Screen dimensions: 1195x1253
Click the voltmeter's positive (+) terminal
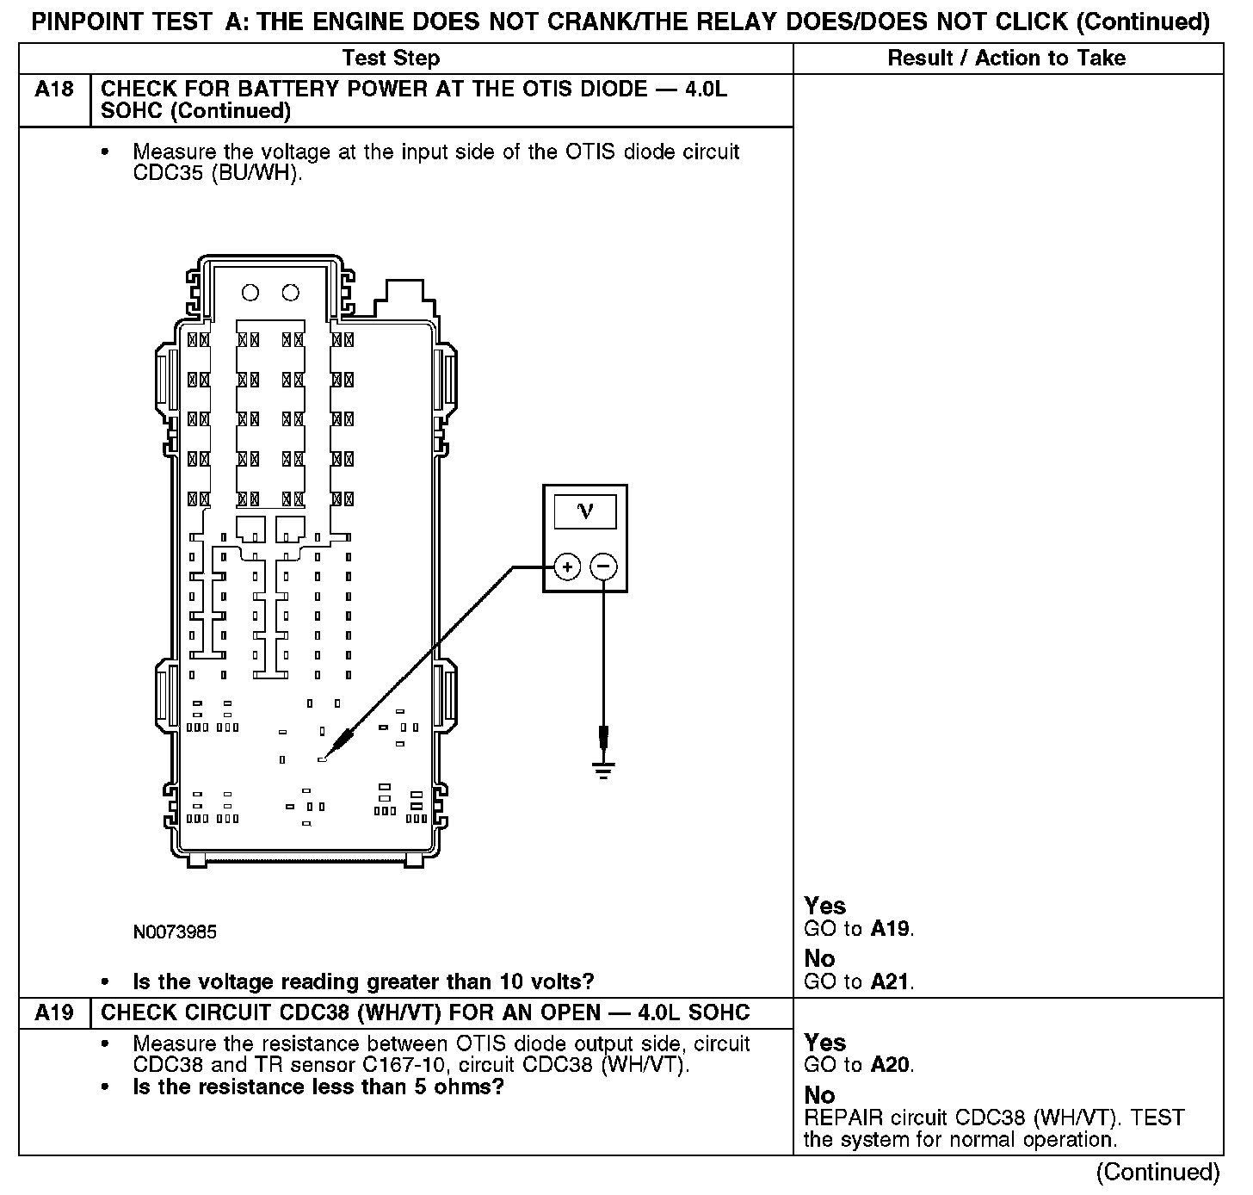tap(567, 567)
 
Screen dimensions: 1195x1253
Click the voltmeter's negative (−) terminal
tap(604, 567)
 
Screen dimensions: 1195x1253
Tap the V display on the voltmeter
tap(585, 511)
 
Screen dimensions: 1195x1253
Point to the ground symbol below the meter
tap(604, 768)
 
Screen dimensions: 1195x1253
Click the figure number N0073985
tap(175, 932)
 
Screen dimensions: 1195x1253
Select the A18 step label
tap(53, 90)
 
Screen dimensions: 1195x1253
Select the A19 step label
tap(53, 1013)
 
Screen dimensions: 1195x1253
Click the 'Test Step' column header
tap(391, 59)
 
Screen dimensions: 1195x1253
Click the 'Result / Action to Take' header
tap(1006, 59)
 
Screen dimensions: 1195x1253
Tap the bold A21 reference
tap(891, 981)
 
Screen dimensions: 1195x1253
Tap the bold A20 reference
tap(890, 1066)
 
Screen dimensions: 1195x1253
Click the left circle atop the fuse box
tap(250, 293)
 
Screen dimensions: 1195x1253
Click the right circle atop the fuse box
tap(291, 293)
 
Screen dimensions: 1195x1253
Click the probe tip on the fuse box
tap(323, 759)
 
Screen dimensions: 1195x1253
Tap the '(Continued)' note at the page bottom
tap(1157, 1173)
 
